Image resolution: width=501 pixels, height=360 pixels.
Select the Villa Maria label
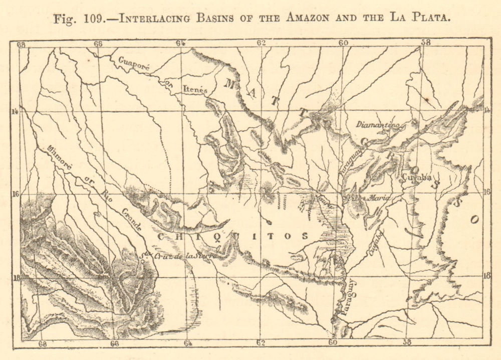point(371,198)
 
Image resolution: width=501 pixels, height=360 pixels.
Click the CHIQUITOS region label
point(232,236)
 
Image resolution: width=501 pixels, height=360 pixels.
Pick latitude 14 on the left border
point(16,111)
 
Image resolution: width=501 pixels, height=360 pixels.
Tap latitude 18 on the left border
point(16,277)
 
